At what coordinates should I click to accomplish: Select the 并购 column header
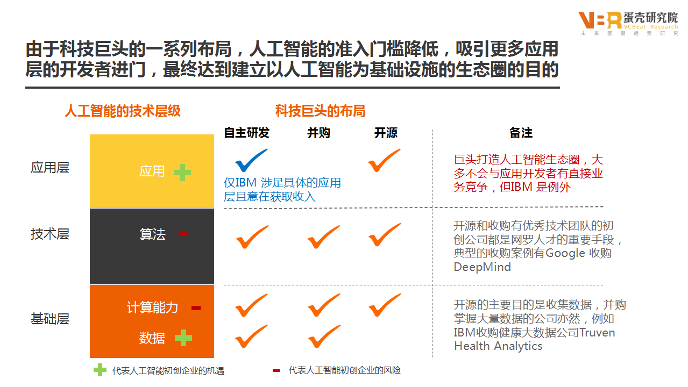[319, 133]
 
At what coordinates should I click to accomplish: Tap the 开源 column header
[386, 133]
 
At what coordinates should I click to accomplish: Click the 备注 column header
[521, 133]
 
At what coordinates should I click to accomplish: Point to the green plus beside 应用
[182, 172]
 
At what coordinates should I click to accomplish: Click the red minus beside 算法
[183, 234]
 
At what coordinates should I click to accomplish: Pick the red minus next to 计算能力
[196, 308]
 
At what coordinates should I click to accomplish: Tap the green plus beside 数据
[183, 338]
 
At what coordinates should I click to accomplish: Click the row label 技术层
[50, 234]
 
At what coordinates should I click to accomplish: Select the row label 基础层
[50, 319]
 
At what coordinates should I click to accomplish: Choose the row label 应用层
[50, 167]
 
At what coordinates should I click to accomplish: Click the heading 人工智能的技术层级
[123, 111]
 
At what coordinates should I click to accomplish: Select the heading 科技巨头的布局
[321, 111]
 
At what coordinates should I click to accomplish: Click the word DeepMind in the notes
[482, 267]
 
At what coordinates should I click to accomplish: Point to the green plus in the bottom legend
[100, 370]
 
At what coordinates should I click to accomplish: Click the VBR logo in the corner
[600, 20]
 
